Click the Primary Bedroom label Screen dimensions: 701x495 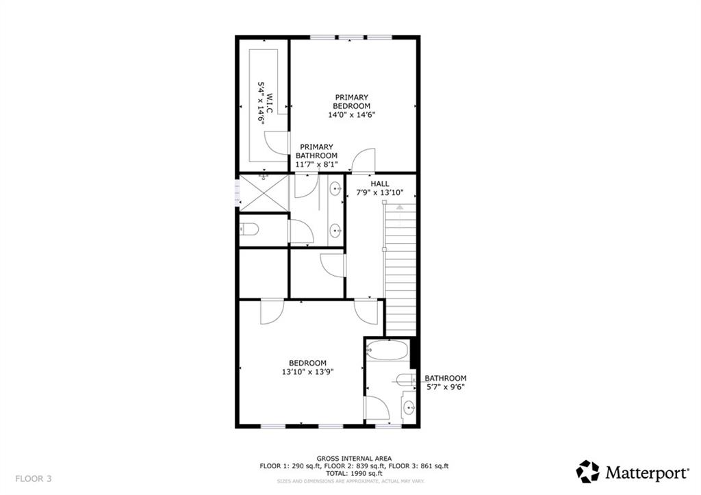pyautogui.click(x=351, y=101)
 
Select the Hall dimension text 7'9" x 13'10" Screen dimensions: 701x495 pyautogui.click(x=379, y=192)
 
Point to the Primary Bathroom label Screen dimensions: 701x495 pyautogui.click(x=316, y=151)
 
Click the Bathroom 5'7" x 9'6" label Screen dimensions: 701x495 pyautogui.click(x=445, y=383)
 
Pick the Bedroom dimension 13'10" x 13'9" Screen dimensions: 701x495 pyautogui.click(x=307, y=372)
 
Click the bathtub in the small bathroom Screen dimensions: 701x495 pyautogui.click(x=387, y=350)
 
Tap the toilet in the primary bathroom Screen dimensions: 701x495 pyautogui.click(x=249, y=230)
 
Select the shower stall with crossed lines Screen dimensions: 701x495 pyautogui.click(x=264, y=192)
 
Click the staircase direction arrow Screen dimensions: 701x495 pyautogui.click(x=399, y=207)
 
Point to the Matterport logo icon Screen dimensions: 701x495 pyautogui.click(x=587, y=472)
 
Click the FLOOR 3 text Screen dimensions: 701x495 pyautogui.click(x=34, y=479)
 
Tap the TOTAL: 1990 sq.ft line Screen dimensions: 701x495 pyautogui.click(x=354, y=473)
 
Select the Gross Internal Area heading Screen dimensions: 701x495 pyautogui.click(x=354, y=458)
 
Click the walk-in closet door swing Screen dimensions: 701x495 pyautogui.click(x=275, y=143)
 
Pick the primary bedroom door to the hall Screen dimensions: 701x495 pyautogui.click(x=363, y=160)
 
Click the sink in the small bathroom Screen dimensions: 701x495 pyautogui.click(x=409, y=408)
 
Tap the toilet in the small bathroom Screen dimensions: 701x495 pyautogui.click(x=405, y=381)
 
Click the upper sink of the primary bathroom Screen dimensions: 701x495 pyautogui.click(x=335, y=190)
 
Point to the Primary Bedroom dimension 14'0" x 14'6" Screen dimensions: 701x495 pyautogui.click(x=351, y=114)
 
